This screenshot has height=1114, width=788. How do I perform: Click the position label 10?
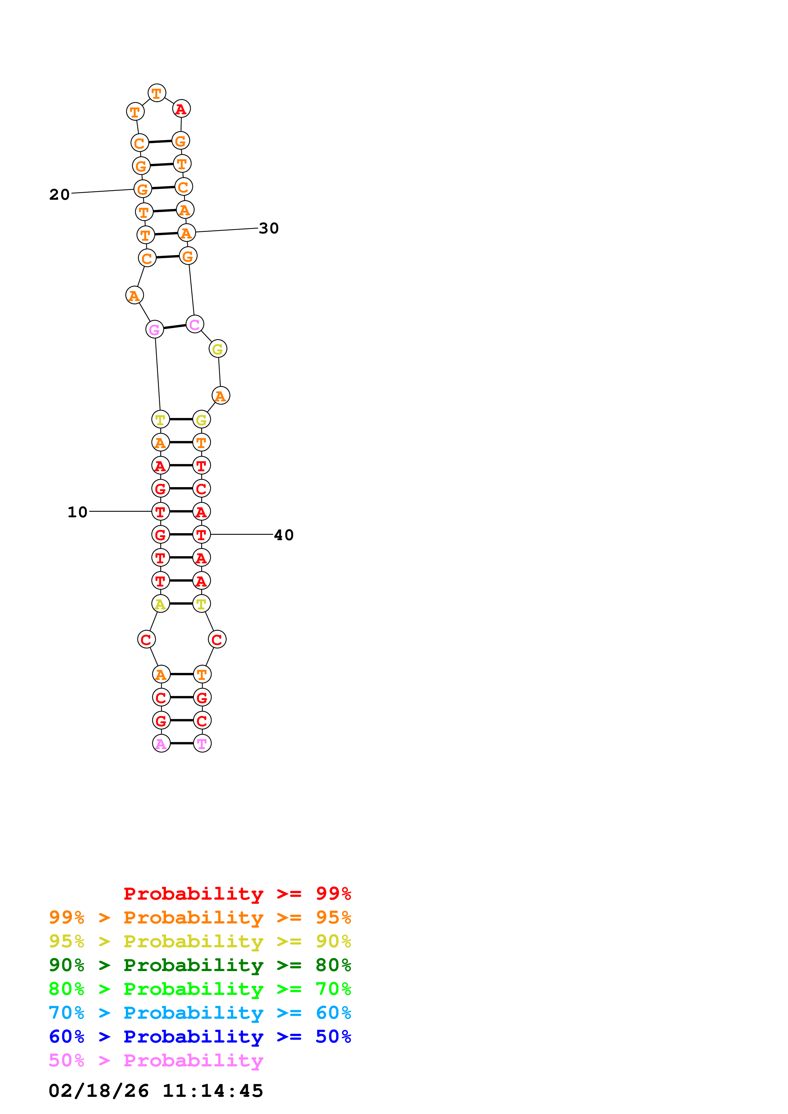point(77,512)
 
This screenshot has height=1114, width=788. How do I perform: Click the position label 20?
point(59,195)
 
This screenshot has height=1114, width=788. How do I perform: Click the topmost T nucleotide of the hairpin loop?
point(156,93)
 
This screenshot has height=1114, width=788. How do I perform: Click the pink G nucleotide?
point(154,329)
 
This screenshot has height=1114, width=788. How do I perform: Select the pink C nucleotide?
point(195,324)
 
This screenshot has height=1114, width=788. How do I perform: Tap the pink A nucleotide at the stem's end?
point(161,743)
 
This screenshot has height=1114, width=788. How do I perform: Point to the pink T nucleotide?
point(202,743)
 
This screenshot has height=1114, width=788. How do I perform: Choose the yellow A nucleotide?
point(160,604)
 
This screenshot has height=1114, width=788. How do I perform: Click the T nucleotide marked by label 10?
point(160,511)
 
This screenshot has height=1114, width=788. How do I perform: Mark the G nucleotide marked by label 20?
point(142,189)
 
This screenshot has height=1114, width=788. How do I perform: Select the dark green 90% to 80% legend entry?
point(200,965)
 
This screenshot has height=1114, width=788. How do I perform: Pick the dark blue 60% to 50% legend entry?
point(200,1037)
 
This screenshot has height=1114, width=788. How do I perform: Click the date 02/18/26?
point(99,1091)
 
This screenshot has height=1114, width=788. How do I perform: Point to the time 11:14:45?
point(213,1091)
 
